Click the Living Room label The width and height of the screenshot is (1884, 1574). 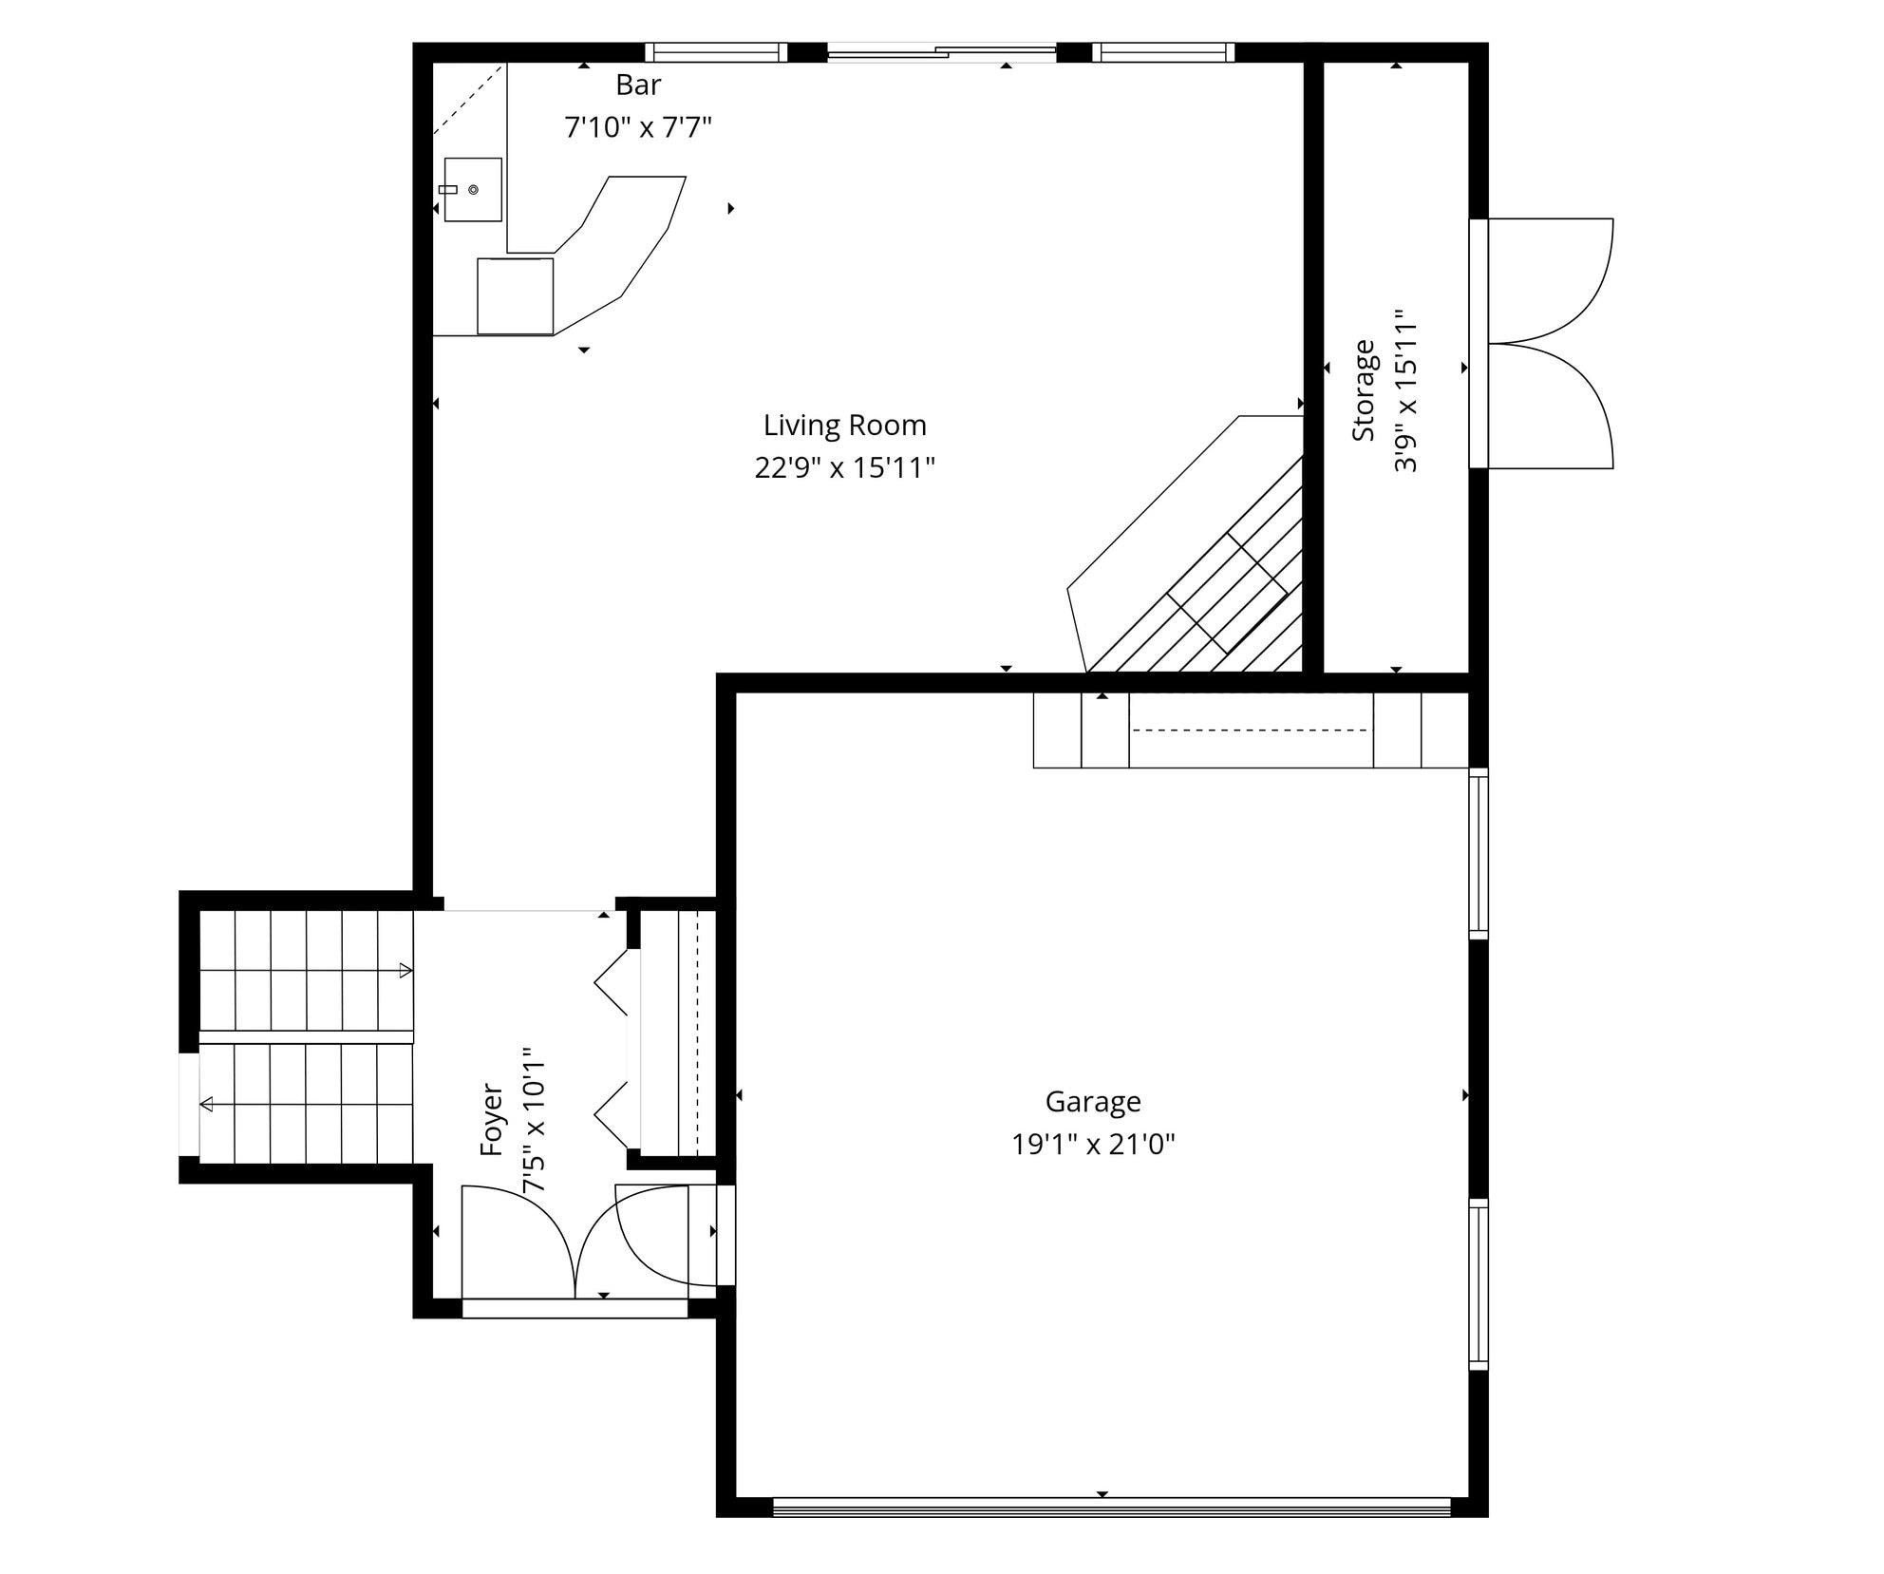tap(844, 426)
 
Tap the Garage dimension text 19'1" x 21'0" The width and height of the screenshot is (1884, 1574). tap(1093, 1145)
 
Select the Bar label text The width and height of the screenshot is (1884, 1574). tap(638, 85)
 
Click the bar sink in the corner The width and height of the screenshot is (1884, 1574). tap(472, 190)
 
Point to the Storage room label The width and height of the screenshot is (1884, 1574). tap(1364, 390)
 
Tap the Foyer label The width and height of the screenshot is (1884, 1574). tap(491, 1119)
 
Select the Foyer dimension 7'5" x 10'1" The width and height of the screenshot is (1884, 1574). tap(535, 1120)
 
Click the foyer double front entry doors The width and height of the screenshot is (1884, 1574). tap(575, 1244)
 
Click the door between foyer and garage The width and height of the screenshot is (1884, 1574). tap(665, 1235)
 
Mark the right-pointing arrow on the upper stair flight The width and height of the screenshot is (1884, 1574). tap(405, 970)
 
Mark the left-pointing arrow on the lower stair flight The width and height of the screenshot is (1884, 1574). tap(206, 1104)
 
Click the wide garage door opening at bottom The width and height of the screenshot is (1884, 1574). tap(1111, 1506)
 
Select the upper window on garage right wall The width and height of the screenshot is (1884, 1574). tap(1478, 853)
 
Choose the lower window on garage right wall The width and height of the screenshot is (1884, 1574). tap(1478, 1283)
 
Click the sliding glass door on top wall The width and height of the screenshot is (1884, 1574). tap(940, 53)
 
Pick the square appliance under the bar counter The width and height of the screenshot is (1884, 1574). tap(515, 295)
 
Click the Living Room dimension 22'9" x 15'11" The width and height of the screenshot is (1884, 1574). tap(844, 468)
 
